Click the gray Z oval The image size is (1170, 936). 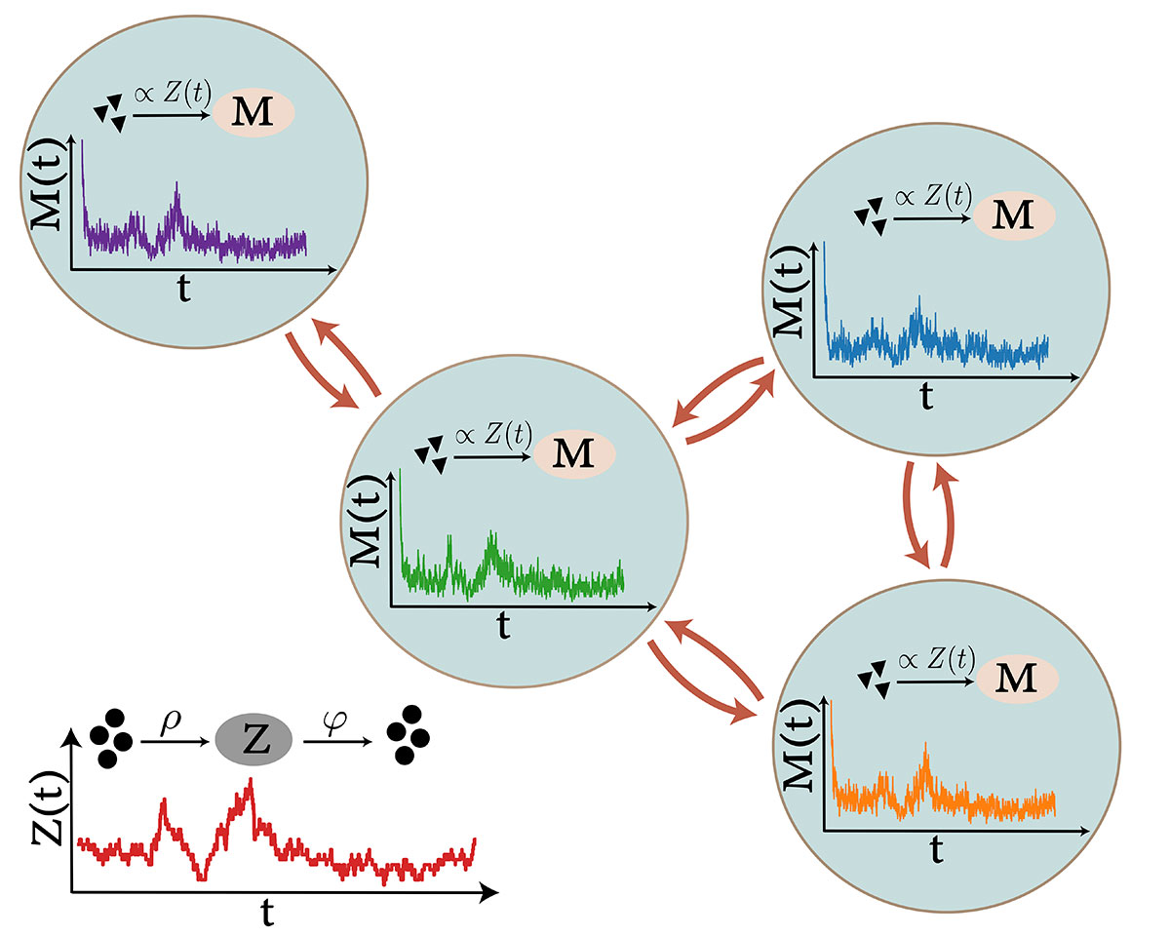(x=253, y=740)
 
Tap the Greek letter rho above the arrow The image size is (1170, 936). (x=171, y=722)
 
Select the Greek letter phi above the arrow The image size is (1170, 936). (x=334, y=722)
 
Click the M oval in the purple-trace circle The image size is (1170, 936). (x=253, y=112)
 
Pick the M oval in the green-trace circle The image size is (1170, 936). (x=574, y=454)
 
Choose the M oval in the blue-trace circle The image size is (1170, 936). (x=1014, y=215)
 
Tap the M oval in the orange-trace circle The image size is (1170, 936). (x=1018, y=679)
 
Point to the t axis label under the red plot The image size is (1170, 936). (x=267, y=912)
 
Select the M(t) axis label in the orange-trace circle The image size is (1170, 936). (x=799, y=745)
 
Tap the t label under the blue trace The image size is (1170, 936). (x=927, y=397)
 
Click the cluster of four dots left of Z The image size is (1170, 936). (x=111, y=738)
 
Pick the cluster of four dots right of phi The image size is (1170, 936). (x=408, y=735)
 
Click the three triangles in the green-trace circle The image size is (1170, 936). (x=431, y=454)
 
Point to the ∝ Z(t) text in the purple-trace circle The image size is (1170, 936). (x=173, y=94)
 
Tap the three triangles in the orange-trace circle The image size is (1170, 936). (x=874, y=680)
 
